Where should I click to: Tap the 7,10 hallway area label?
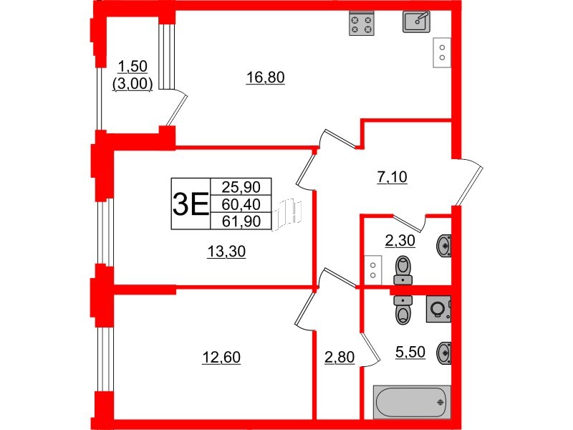(392, 177)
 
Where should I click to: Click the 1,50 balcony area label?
(133, 67)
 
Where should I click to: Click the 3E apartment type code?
(190, 204)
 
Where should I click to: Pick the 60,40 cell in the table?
(241, 204)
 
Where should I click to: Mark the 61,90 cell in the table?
(241, 221)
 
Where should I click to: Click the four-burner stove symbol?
(362, 25)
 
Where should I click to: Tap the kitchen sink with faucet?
(416, 21)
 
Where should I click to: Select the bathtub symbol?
(411, 402)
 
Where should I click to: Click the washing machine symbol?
(438, 309)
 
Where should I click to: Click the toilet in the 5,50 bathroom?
(403, 310)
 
